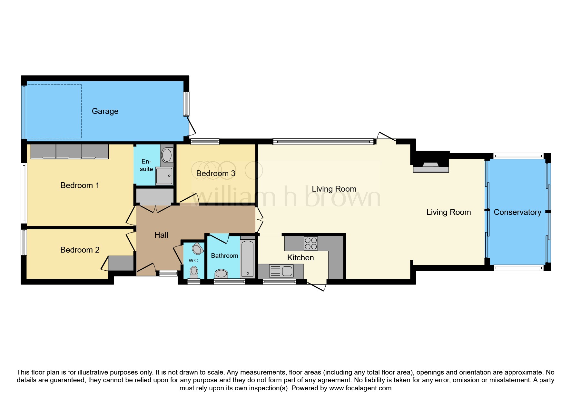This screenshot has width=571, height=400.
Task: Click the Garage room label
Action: click(x=105, y=111)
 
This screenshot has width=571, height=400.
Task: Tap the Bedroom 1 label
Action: click(x=80, y=185)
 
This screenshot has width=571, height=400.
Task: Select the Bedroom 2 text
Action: click(x=80, y=250)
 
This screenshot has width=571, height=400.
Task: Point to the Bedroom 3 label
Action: click(x=216, y=174)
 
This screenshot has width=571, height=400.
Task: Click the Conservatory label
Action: click(x=517, y=212)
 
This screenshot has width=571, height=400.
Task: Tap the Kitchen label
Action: click(x=300, y=258)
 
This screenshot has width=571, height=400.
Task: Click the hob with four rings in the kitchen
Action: click(x=311, y=244)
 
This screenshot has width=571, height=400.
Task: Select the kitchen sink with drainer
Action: click(x=281, y=271)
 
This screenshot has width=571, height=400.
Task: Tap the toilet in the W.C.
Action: click(x=194, y=272)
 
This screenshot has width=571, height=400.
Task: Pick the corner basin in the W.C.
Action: click(x=197, y=249)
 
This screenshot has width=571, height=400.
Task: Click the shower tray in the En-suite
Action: click(x=164, y=176)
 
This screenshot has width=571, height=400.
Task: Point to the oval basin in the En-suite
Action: click(x=167, y=155)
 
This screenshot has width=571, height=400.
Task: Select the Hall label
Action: click(x=161, y=235)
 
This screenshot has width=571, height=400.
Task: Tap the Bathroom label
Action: click(x=224, y=256)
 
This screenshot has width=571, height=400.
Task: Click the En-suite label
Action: click(x=146, y=165)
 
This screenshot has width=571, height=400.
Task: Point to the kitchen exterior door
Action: click(x=317, y=286)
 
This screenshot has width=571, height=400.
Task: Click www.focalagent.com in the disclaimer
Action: click(x=360, y=388)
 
